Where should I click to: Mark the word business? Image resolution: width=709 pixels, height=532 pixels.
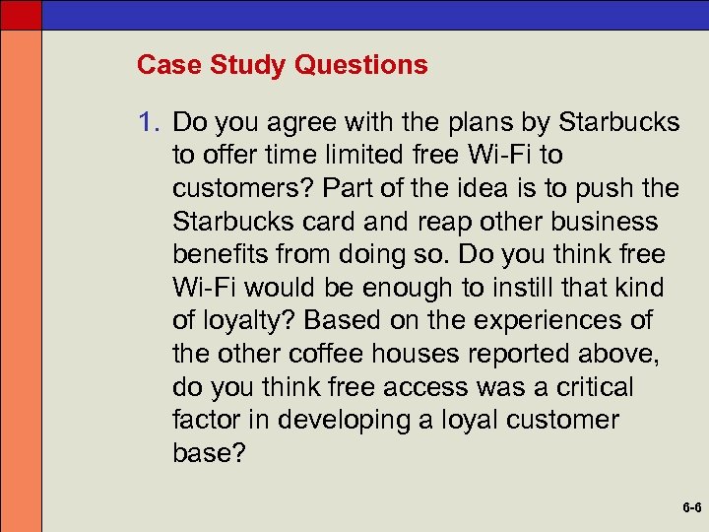pyautogui.click(x=603, y=222)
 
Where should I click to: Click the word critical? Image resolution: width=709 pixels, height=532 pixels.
pyautogui.click(x=582, y=387)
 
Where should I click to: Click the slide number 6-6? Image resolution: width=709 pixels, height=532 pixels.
pyautogui.click(x=690, y=509)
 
